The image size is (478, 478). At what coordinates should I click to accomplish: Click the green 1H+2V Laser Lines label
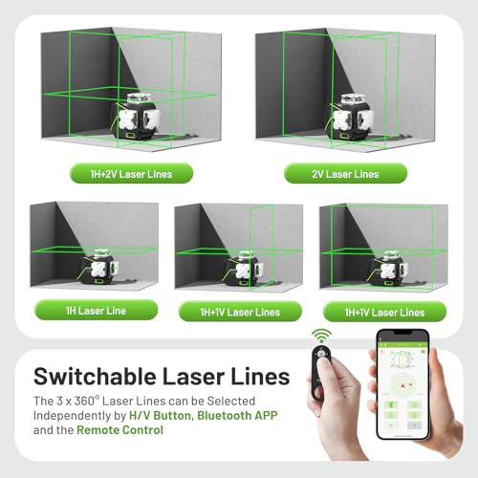click(129, 174)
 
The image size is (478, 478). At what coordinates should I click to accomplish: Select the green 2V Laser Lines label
click(345, 174)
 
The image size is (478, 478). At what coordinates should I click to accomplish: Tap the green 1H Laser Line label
click(81, 311)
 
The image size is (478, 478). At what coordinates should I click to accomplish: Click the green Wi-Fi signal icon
click(323, 336)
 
